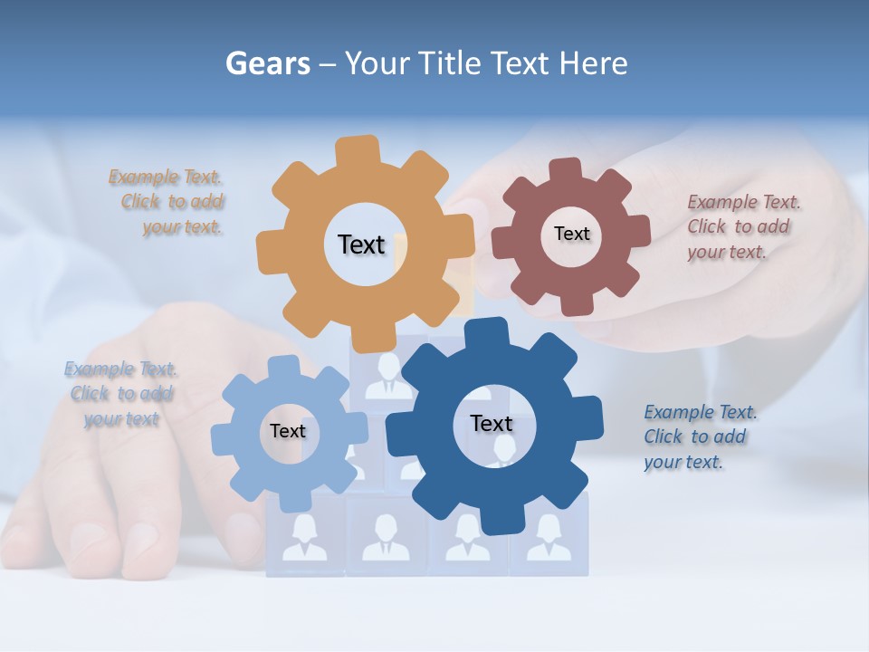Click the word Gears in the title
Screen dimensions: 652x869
tap(267, 64)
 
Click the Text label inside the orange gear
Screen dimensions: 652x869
tap(361, 244)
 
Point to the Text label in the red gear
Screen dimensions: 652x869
tap(571, 234)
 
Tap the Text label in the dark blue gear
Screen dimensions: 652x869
tap(492, 423)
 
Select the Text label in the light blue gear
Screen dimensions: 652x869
tap(288, 431)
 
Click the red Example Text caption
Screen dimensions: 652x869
tap(741, 226)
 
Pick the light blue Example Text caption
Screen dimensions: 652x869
tap(120, 394)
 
